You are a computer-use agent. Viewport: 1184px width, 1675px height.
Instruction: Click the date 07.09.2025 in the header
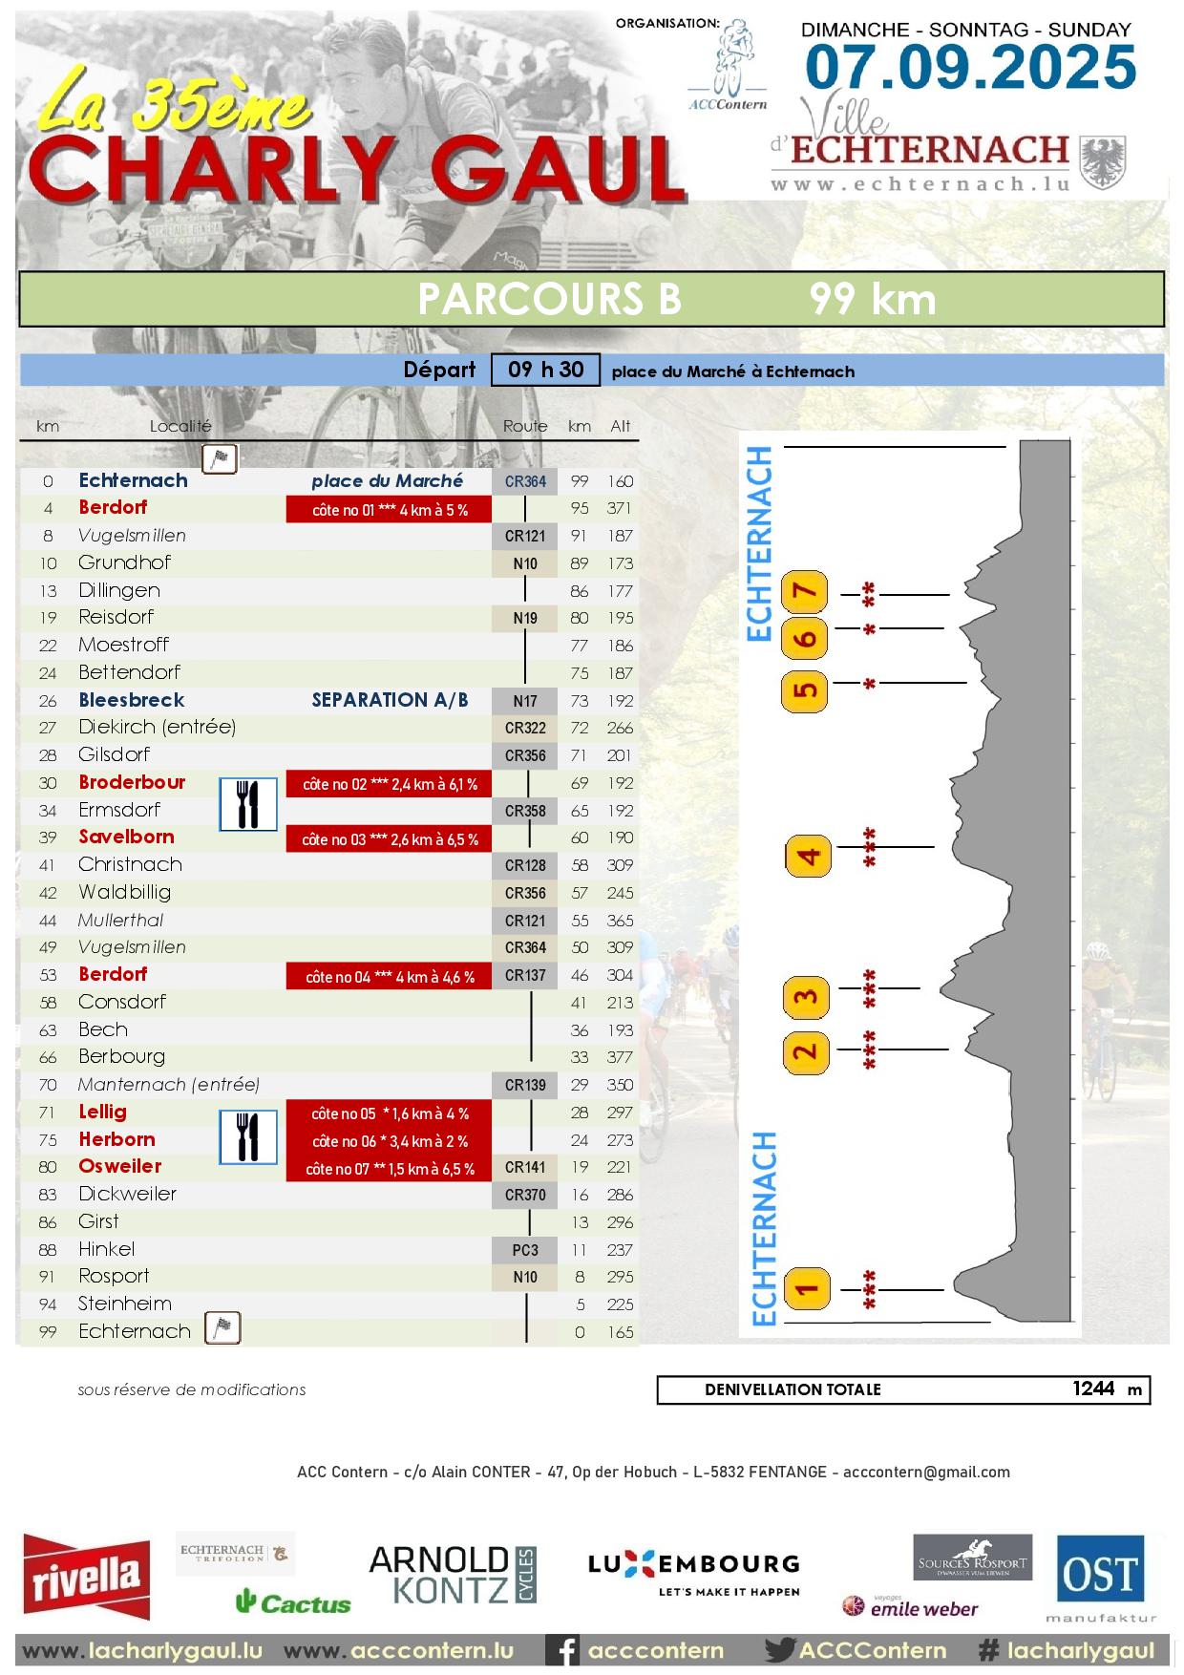tap(970, 67)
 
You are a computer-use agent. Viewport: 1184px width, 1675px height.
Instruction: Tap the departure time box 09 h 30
tap(545, 370)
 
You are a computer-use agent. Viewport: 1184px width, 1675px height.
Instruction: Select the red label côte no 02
tap(389, 784)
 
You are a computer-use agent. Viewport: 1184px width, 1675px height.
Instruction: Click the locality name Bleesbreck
tap(131, 700)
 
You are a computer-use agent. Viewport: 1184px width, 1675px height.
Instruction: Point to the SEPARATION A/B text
tap(390, 700)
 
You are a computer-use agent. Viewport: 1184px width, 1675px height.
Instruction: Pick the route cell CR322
tap(525, 728)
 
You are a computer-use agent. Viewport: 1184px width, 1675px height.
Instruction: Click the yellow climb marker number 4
tap(808, 855)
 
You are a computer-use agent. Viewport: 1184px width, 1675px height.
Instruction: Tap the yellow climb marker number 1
tap(807, 1289)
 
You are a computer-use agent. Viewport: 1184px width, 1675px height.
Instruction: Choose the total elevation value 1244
tap(1093, 1389)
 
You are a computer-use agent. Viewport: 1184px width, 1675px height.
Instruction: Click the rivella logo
tap(87, 1577)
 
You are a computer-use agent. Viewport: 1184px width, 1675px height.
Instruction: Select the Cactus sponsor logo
tap(293, 1602)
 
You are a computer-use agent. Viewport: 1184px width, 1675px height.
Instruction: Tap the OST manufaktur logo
tap(1100, 1577)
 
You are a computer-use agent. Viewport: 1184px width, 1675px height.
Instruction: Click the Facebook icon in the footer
tap(566, 1650)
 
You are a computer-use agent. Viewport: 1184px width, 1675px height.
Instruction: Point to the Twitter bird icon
tap(780, 1650)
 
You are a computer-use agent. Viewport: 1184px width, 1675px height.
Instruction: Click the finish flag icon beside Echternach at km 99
tap(222, 1328)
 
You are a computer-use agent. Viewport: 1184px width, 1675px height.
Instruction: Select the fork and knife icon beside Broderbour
tap(248, 804)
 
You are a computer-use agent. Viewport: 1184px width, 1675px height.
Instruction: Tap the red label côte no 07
tap(389, 1169)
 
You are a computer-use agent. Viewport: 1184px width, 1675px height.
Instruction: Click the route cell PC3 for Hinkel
tap(525, 1249)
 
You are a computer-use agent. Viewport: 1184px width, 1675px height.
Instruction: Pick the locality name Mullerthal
tap(120, 921)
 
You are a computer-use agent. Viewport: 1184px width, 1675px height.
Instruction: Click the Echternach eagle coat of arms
tap(1103, 162)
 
